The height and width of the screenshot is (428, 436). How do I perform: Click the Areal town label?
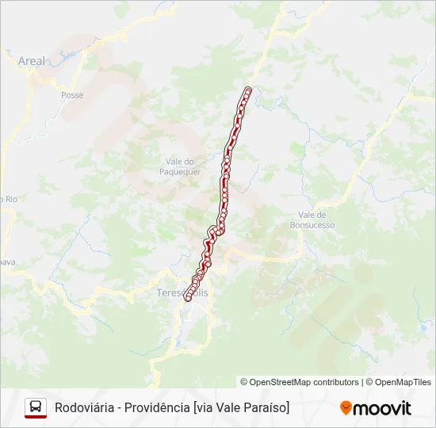click(x=32, y=60)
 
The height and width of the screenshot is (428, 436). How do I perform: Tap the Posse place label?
click(x=71, y=95)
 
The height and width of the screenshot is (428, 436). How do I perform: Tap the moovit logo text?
click(x=382, y=408)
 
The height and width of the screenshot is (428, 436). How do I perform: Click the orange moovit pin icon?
click(x=346, y=408)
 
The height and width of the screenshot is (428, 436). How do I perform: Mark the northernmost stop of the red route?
click(x=248, y=90)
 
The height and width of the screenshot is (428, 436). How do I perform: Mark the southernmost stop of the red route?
click(x=188, y=299)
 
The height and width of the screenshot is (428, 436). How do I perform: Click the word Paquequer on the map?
click(x=180, y=171)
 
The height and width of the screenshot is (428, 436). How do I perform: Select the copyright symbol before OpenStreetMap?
click(x=244, y=382)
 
